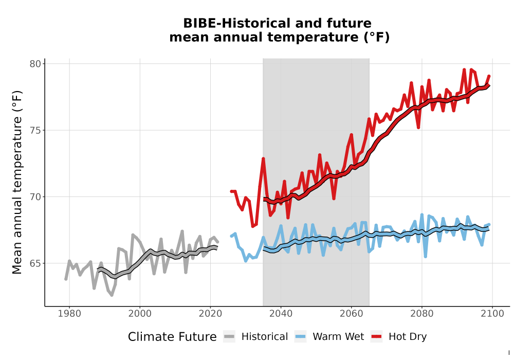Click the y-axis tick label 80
[x=35, y=64]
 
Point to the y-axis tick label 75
[x=35, y=130]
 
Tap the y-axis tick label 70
[x=35, y=197]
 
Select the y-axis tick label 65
[x=35, y=263]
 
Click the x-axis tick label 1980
[x=69, y=314]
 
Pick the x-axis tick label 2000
[x=140, y=314]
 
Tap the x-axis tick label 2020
[x=210, y=314]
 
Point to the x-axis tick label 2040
[x=281, y=314]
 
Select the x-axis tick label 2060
[x=351, y=314]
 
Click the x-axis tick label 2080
[x=422, y=314]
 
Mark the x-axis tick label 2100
[x=492, y=314]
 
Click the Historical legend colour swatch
[x=229, y=336]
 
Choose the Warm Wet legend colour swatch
[x=300, y=336]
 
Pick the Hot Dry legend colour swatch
[x=377, y=336]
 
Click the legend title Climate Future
[x=172, y=337]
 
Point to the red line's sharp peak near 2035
[x=263, y=159]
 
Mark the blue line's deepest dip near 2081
[x=425, y=257]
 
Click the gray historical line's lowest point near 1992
[x=112, y=295]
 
